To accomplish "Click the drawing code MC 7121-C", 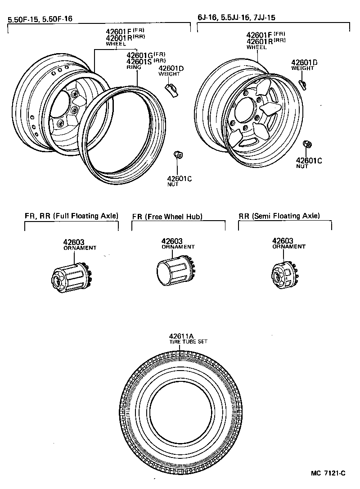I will coord(328,473).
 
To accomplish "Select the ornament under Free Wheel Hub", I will coord(173,272).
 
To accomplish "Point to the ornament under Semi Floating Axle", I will coord(283,275).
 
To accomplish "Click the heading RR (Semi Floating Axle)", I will coord(279,216).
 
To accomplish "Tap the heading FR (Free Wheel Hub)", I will coord(167,217).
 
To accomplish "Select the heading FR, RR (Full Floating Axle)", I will coord(72,216).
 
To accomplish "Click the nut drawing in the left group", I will coord(178,155).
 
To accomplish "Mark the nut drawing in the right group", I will coord(307,145).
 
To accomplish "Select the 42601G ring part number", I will coord(140,56).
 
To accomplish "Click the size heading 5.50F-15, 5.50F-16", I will coord(40,19).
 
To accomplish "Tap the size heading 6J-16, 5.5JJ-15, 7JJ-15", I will coord(237,18).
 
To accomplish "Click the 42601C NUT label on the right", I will coord(309,163).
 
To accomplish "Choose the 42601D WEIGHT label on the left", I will coord(171,71).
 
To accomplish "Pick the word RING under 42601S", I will coord(134,67).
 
